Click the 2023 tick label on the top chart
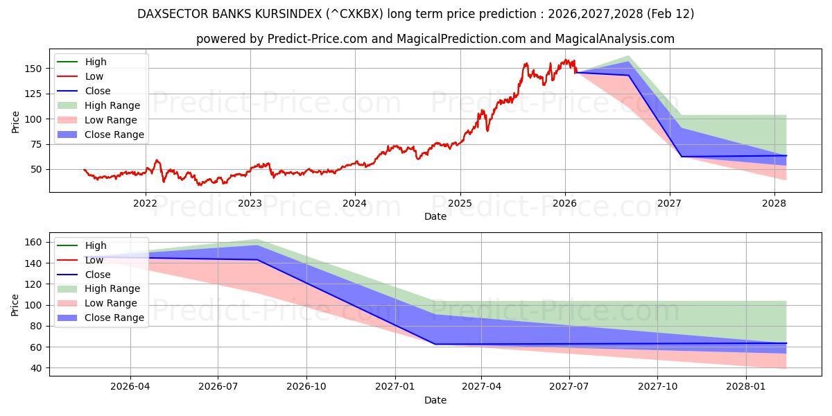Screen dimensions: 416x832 point(250,203)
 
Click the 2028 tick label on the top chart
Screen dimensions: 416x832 point(774,203)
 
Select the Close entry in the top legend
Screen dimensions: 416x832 point(98,91)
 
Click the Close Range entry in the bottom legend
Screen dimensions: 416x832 point(114,318)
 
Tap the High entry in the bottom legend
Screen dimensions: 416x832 point(96,245)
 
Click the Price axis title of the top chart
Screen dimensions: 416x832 point(16,121)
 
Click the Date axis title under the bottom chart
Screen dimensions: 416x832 point(435,400)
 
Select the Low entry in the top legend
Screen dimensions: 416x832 point(95,76)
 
